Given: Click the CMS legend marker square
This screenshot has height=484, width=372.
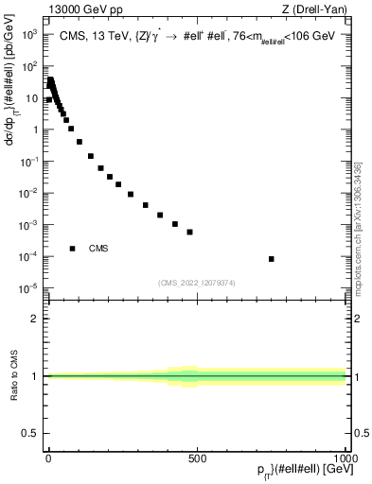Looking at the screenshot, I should tap(73, 249).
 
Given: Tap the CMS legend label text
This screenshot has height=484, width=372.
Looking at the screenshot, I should tap(98, 249).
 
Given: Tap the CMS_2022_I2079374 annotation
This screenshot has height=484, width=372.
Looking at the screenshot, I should tap(198, 282).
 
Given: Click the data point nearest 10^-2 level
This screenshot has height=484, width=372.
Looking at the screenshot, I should tap(131, 194).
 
